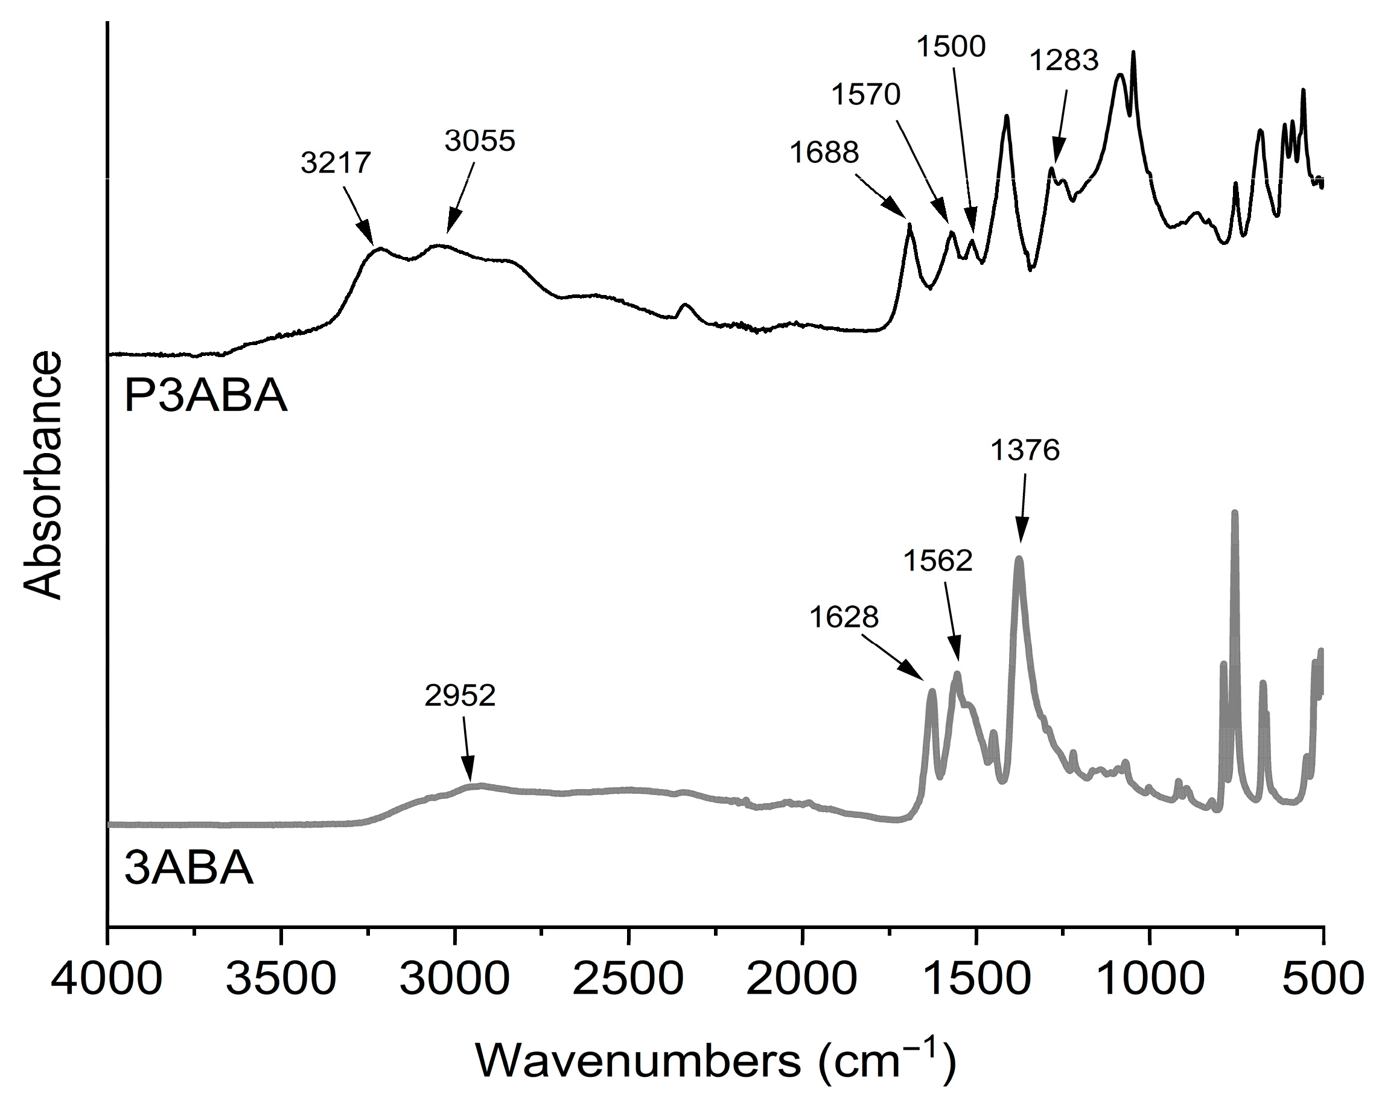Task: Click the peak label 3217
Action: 336,163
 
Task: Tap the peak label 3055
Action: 479,141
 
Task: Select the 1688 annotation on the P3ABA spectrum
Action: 824,153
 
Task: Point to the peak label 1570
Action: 865,95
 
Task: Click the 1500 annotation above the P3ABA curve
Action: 952,47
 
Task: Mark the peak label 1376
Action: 1025,451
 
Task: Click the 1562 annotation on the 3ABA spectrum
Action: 937,561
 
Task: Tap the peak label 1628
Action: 844,617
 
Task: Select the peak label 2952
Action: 459,696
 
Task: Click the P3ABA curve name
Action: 206,397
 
